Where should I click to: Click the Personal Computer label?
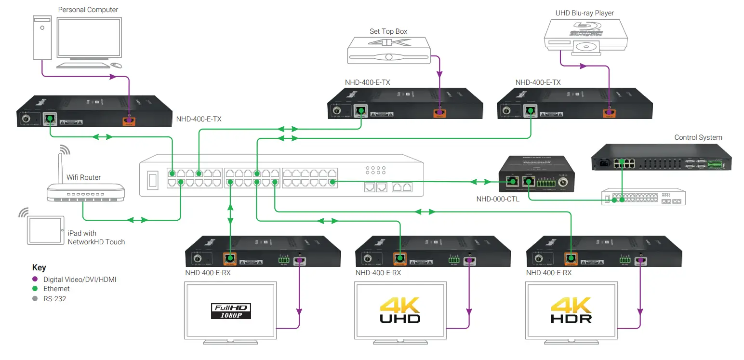pos(88,10)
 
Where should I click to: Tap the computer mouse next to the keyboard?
pos(116,65)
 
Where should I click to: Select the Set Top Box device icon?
pos(388,49)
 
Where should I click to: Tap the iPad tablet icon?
pos(45,229)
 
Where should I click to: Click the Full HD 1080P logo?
pos(231,311)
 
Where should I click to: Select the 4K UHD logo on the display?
pos(400,310)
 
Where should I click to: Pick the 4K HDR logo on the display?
pos(571,310)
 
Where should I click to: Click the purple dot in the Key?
pos(35,279)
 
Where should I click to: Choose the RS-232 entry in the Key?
pos(54,299)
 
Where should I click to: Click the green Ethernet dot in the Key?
pos(35,289)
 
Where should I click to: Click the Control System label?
pos(698,137)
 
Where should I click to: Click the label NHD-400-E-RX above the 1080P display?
pos(208,273)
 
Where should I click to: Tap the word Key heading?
pos(39,267)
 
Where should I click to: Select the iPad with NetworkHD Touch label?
pos(96,238)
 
